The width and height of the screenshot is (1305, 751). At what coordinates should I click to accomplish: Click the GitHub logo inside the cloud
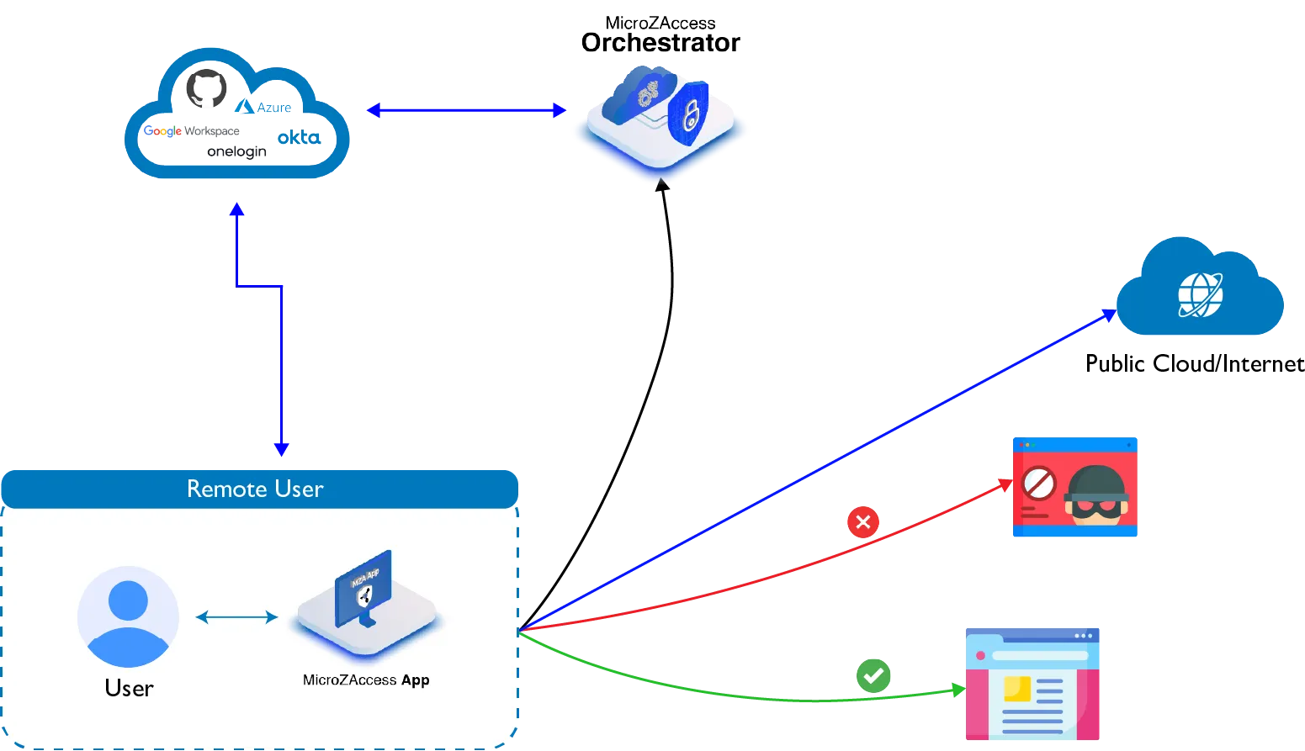tap(207, 88)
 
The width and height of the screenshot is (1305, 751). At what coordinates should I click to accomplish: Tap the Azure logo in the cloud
tap(263, 107)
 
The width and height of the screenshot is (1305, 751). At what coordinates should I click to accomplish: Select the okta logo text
tap(299, 137)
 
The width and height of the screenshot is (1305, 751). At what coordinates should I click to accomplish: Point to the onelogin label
tap(237, 152)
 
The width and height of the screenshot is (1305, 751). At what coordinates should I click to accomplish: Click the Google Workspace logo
tap(192, 131)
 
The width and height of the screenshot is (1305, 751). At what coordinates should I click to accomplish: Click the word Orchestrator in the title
tap(660, 43)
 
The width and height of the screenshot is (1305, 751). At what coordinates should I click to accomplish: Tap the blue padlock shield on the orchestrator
tap(688, 114)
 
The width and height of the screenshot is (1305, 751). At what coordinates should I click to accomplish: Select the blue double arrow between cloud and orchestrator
tap(467, 110)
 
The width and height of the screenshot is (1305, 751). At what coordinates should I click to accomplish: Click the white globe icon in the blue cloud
tap(1200, 294)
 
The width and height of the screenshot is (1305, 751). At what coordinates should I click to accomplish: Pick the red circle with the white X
tap(862, 522)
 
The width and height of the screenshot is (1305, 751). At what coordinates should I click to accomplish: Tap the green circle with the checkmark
tap(873, 674)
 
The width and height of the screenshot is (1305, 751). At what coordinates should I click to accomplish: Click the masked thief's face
tap(1095, 496)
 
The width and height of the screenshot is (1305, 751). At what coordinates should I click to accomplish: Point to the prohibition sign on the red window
tap(1039, 485)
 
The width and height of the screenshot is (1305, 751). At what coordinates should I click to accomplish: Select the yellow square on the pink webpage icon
tap(1017, 689)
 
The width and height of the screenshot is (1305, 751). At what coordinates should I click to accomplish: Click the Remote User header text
tap(255, 489)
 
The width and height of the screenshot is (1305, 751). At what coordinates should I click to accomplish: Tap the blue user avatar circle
tap(128, 616)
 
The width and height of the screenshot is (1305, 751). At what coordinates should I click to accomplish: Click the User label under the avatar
tap(129, 688)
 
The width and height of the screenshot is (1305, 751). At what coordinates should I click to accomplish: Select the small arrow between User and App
tap(236, 617)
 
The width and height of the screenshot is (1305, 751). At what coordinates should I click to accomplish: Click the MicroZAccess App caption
tap(366, 680)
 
